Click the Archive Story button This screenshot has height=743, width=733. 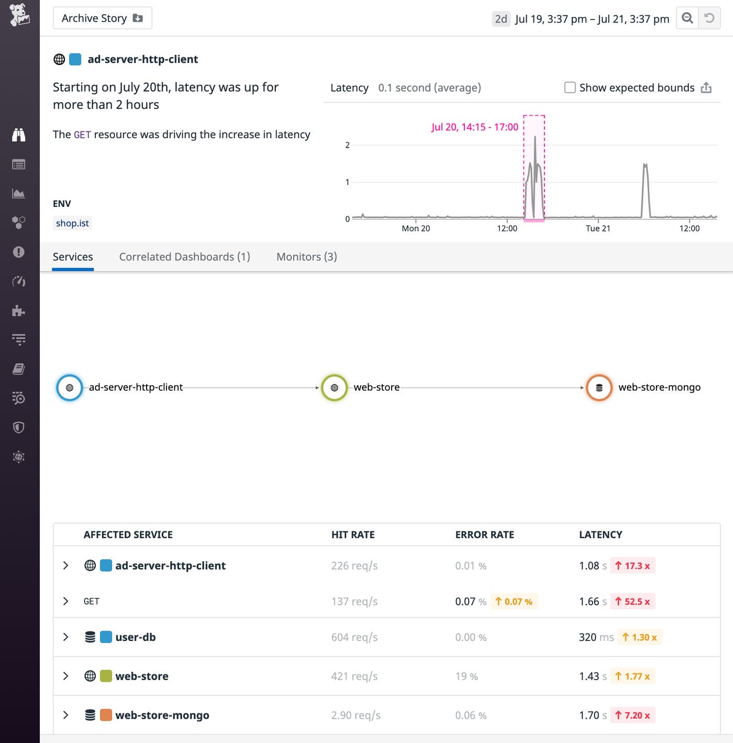102,18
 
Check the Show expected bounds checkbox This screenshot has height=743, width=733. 570,87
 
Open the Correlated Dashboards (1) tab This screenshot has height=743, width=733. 184,257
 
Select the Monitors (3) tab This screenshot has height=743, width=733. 306,257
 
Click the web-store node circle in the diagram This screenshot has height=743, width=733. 334,387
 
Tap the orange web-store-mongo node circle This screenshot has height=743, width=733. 599,387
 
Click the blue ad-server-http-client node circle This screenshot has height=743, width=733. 70,387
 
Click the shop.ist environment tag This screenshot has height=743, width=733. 72,223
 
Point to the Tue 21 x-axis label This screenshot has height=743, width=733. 597,228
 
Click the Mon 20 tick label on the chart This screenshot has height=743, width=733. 416,228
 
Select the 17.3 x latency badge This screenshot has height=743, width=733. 632,566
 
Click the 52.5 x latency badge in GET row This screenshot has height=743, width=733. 632,602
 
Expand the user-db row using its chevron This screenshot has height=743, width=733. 65,637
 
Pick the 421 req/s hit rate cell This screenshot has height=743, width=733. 354,677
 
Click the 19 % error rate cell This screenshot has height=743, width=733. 466,677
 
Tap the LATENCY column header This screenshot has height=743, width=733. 600,535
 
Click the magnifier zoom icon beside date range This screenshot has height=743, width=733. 687,18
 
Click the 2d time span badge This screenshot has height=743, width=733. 501,19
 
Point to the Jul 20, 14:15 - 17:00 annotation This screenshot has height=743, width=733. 474,127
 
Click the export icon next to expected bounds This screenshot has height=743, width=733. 706,87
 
